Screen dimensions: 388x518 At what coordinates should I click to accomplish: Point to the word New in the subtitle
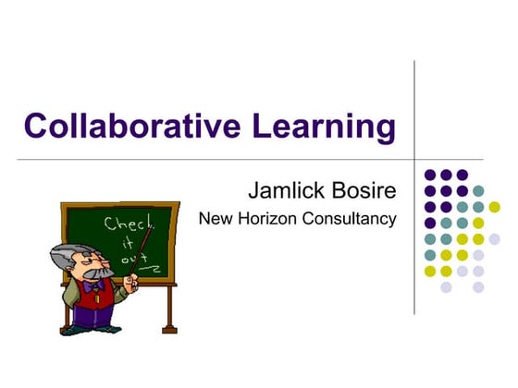[x=216, y=219]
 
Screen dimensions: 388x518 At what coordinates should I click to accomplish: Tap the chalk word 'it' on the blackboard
[x=126, y=244]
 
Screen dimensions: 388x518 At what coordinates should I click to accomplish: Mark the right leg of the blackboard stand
[x=169, y=309]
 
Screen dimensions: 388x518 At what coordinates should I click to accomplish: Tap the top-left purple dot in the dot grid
[x=430, y=175]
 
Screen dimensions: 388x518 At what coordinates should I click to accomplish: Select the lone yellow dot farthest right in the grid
[x=494, y=207]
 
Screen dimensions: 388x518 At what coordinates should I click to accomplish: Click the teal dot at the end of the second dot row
[x=478, y=191]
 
